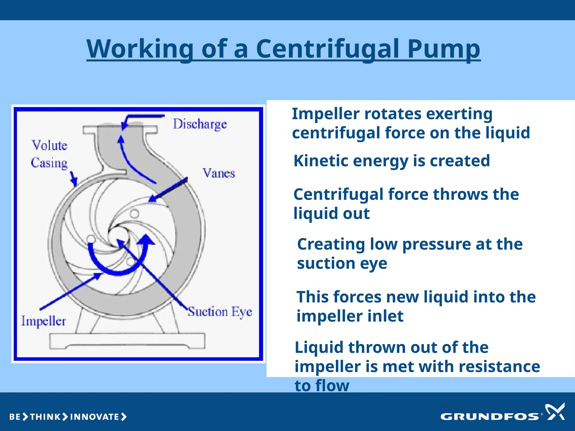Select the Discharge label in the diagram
(200, 124)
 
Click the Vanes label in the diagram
(219, 173)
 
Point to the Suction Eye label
(220, 311)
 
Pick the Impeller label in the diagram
(44, 321)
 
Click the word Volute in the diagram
(49, 145)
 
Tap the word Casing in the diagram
(49, 163)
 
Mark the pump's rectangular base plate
(127, 341)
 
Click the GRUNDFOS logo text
(489, 417)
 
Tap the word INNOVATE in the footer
(95, 417)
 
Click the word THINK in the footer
(45, 417)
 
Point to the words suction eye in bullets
(342, 263)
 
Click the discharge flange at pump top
(120, 130)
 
